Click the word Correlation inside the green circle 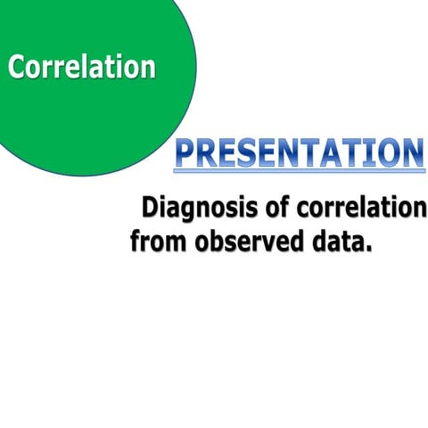click(81, 66)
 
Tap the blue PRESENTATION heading click(299, 152)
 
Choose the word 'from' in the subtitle click(156, 241)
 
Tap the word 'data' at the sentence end click(333, 241)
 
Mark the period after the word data click(366, 249)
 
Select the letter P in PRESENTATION click(185, 152)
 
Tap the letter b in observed click(212, 241)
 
